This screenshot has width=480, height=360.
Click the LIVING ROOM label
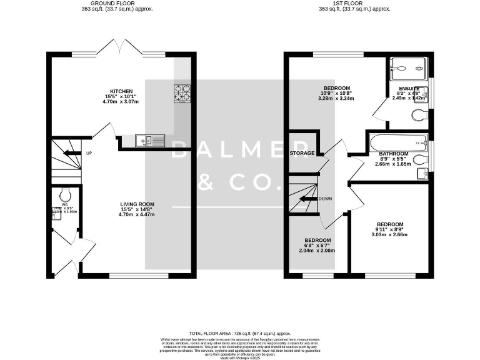137,204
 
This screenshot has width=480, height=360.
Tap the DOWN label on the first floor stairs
324,199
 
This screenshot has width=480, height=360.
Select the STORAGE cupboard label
302,153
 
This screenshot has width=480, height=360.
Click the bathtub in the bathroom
397,142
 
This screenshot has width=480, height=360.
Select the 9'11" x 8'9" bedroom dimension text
389,229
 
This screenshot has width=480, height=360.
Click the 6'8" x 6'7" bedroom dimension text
318,245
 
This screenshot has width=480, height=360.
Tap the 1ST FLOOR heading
354,3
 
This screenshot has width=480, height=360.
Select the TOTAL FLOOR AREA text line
240,334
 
